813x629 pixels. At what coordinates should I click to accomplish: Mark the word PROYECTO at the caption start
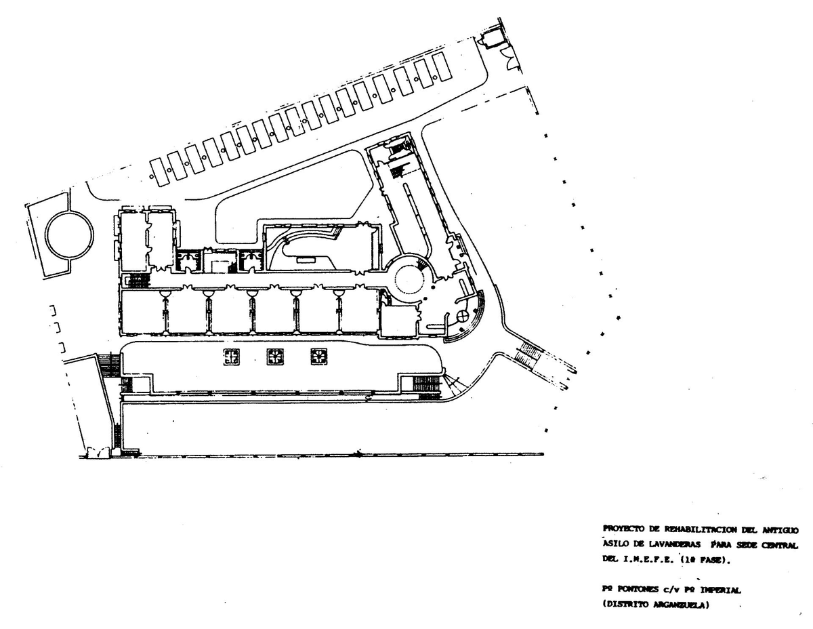pyautogui.click(x=622, y=529)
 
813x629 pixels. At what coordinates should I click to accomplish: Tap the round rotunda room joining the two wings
pyautogui.click(x=411, y=278)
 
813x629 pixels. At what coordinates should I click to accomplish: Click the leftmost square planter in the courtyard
pyautogui.click(x=232, y=357)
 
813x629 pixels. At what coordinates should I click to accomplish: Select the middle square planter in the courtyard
pyautogui.click(x=275, y=357)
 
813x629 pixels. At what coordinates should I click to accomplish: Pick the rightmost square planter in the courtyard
pyautogui.click(x=318, y=357)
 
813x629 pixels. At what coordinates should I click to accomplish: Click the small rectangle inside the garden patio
pyautogui.click(x=306, y=259)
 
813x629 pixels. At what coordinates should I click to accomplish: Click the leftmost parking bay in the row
pyautogui.click(x=160, y=172)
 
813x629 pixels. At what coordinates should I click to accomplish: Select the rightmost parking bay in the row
pyautogui.click(x=442, y=66)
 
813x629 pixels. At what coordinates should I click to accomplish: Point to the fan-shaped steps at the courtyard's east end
pyautogui.click(x=450, y=388)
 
